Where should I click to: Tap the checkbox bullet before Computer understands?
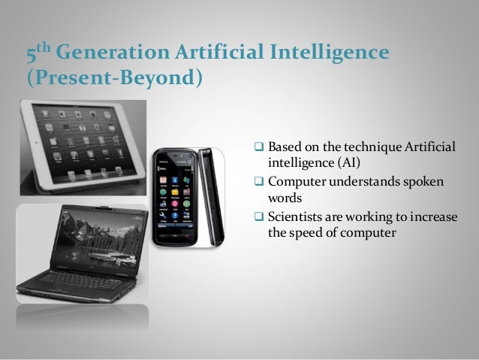tap(261, 181)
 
